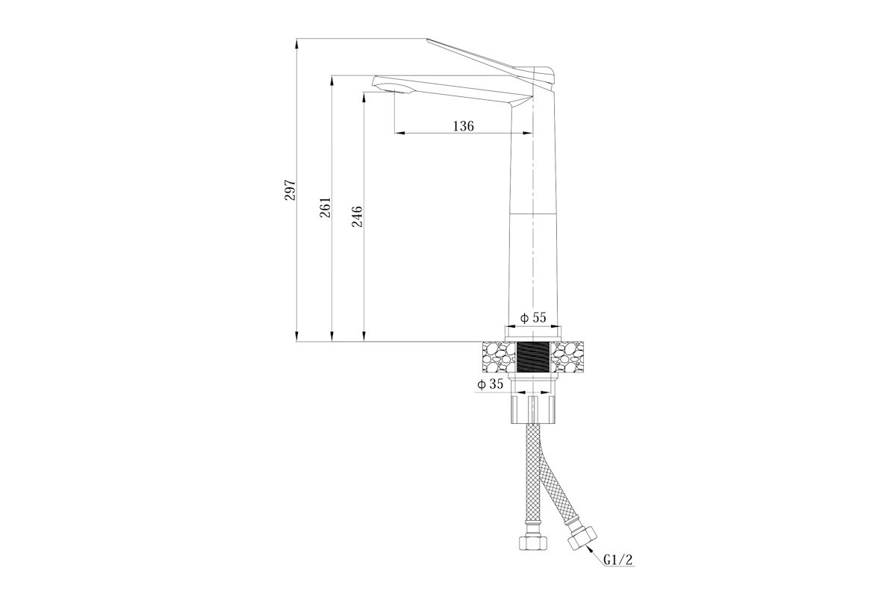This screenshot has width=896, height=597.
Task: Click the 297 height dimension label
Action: tap(290, 190)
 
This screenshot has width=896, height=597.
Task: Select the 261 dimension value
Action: tap(326, 207)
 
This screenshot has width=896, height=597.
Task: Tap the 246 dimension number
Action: tap(357, 216)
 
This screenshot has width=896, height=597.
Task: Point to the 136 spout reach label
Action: tap(463, 126)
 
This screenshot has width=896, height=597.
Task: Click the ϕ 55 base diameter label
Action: tap(533, 317)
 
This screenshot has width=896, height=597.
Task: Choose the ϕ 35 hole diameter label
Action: tap(490, 384)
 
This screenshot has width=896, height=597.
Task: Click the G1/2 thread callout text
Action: tap(618, 560)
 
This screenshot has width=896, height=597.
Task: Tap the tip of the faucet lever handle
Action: tap(428, 40)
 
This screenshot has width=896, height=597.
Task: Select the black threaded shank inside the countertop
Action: tap(533, 357)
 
